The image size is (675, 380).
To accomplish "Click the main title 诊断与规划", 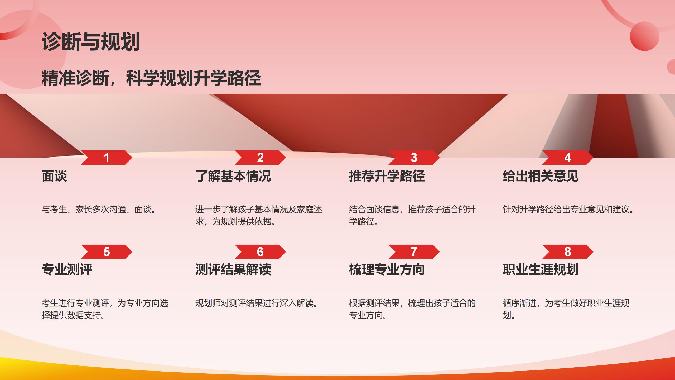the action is pyautogui.click(x=91, y=41).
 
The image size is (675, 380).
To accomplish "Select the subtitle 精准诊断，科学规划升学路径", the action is pyautogui.click(x=151, y=78).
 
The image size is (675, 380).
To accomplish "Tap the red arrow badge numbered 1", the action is pyautogui.click(x=107, y=158).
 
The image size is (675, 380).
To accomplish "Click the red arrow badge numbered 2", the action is pyautogui.click(x=260, y=158).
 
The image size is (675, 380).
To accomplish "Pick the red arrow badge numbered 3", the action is pyautogui.click(x=414, y=158).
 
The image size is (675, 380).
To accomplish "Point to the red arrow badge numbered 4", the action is pyautogui.click(x=568, y=158).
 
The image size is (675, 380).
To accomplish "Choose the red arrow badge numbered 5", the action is pyautogui.click(x=107, y=252).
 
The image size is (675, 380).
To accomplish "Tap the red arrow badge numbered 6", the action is pyautogui.click(x=260, y=252).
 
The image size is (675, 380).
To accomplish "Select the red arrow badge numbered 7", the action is pyautogui.click(x=414, y=252).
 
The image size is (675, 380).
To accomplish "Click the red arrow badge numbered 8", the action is pyautogui.click(x=568, y=252).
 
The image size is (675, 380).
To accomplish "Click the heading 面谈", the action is pyautogui.click(x=54, y=176).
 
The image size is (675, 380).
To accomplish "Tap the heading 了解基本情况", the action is pyautogui.click(x=233, y=176).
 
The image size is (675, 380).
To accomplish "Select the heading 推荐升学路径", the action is pyautogui.click(x=387, y=176).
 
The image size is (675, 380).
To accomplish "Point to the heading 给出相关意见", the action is pyautogui.click(x=541, y=176).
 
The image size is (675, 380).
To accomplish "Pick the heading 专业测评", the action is pyautogui.click(x=67, y=269).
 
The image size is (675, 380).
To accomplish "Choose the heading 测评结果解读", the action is pyautogui.click(x=233, y=269).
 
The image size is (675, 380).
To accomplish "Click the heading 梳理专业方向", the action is pyautogui.click(x=387, y=269).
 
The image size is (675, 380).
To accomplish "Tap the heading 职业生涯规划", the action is pyautogui.click(x=541, y=269).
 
